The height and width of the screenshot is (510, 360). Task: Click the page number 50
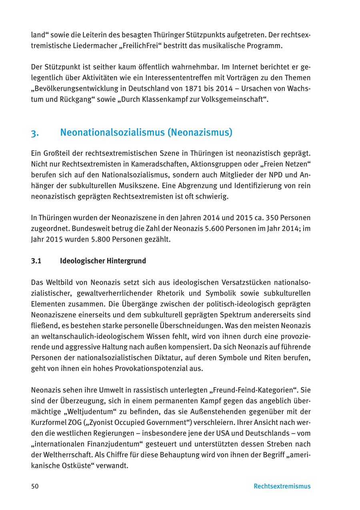click(35, 486)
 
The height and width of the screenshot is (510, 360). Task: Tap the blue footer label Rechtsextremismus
click(282, 486)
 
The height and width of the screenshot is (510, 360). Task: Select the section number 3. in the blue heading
click(35, 133)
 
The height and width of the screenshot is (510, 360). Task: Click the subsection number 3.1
click(36, 261)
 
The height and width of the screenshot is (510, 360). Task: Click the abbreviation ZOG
click(74, 422)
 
